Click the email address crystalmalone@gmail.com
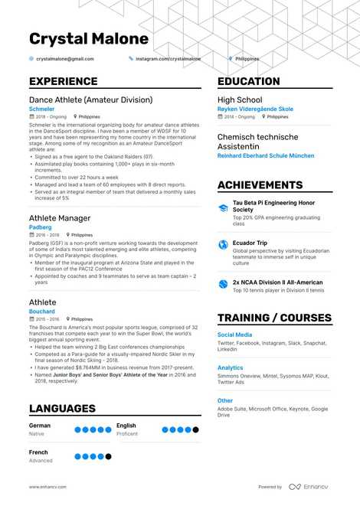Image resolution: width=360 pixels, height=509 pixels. pos(64,59)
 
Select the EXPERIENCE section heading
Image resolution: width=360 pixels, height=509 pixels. pos(64,82)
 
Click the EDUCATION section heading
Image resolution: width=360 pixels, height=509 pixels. pos(249,82)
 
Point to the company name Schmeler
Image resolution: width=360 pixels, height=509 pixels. pos(41,109)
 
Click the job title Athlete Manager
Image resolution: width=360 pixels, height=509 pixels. pos(60,218)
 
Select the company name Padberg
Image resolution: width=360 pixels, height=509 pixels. pos(41,227)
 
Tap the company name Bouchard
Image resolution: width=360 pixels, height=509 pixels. pos(42,312)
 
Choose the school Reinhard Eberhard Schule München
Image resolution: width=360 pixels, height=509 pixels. pos(266,155)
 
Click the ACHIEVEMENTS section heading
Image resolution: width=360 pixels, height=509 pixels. pos(260,185)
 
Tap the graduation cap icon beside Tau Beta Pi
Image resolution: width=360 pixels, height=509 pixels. pos(223,207)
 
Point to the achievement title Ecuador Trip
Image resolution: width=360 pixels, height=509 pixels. pos(254,243)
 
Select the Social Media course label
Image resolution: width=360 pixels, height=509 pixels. pos(234,334)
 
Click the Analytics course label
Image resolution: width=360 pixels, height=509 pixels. pos(230,367)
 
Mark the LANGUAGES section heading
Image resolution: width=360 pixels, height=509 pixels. pos(62,409)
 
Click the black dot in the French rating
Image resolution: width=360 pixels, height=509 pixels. pos(108,456)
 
